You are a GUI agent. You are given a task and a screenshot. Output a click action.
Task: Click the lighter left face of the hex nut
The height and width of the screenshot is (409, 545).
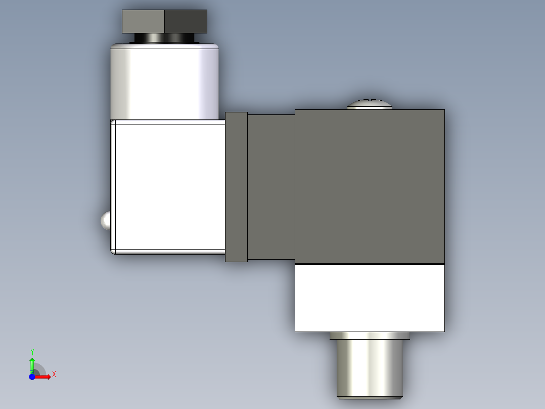coord(144,21)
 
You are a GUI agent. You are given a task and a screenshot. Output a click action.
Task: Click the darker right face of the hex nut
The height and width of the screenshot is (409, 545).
coord(186,21)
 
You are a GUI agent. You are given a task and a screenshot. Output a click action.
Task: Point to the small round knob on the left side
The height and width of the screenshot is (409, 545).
coord(105,221)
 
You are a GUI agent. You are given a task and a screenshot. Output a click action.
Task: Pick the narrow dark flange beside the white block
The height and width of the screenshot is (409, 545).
coord(236,187)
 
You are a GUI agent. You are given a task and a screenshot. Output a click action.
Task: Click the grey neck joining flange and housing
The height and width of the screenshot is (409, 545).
coord(271,187)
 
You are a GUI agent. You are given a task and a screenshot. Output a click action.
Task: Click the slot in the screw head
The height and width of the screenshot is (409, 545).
coord(370,101)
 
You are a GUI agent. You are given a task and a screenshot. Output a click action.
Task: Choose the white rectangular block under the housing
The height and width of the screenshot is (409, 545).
coord(370,298)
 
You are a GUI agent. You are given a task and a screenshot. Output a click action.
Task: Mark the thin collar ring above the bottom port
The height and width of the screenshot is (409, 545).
coord(370,336)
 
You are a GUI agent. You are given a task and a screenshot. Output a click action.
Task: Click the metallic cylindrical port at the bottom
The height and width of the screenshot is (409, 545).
coord(370,369)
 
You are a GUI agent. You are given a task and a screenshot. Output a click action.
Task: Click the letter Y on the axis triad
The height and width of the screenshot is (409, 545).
coord(32,352)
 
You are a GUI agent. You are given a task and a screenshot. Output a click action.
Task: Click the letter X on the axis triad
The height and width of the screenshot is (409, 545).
coord(54,375)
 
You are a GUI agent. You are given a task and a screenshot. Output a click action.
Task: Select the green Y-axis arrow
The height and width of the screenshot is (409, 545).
coord(32,363)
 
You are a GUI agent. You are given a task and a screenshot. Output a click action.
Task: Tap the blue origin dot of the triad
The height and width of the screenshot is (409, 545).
coord(32,377)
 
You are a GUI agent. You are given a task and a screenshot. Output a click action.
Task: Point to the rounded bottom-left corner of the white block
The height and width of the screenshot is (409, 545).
coord(114,251)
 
